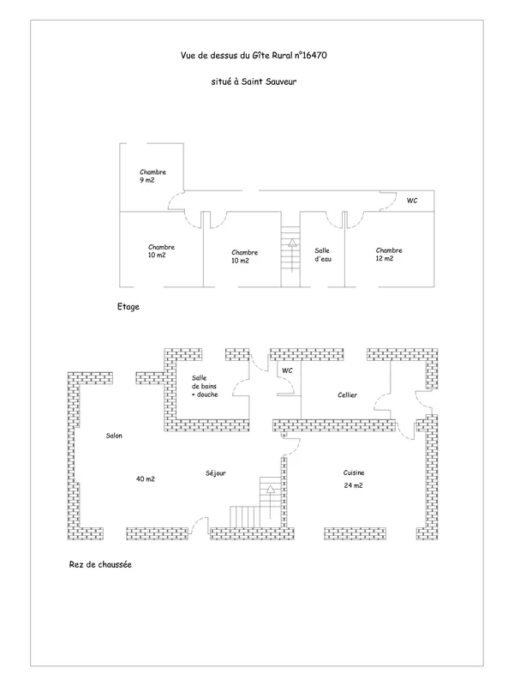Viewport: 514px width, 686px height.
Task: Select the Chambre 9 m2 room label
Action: click(x=152, y=176)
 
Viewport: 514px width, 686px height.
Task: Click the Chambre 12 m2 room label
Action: click(x=389, y=254)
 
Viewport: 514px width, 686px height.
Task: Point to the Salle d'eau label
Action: click(x=323, y=255)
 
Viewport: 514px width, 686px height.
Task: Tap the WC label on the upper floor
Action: click(x=412, y=201)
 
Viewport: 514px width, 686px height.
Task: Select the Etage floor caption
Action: click(x=128, y=307)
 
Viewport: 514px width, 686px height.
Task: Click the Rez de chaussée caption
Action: click(x=100, y=564)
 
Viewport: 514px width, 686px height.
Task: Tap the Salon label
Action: click(x=114, y=436)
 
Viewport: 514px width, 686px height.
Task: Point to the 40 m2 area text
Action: click(x=146, y=479)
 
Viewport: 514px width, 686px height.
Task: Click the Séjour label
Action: click(x=216, y=473)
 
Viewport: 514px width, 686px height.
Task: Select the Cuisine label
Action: click(x=354, y=472)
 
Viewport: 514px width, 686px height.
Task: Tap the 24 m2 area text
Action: click(x=353, y=485)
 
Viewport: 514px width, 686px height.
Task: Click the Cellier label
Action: click(x=348, y=395)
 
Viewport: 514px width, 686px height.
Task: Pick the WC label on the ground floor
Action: click(x=287, y=370)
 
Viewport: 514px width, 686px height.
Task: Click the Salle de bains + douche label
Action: click(x=205, y=387)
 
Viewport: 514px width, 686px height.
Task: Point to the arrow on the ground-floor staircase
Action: click(x=271, y=502)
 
